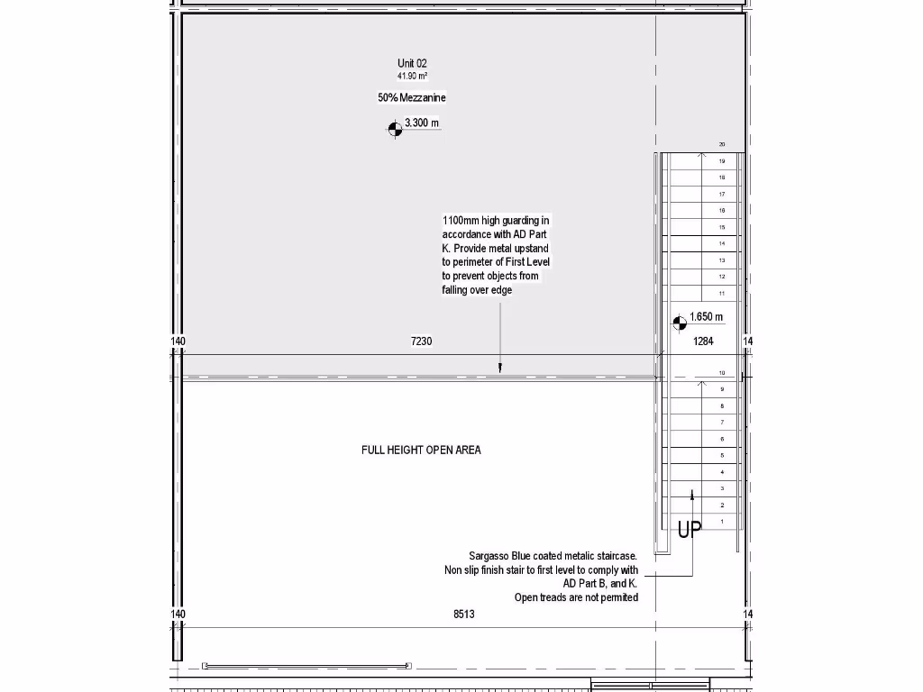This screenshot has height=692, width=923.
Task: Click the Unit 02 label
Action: [x=412, y=63]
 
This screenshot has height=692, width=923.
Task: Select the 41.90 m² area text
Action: [x=412, y=76]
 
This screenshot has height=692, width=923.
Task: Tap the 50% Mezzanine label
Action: [x=412, y=97]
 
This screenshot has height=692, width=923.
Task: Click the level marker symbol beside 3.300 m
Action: [x=394, y=129]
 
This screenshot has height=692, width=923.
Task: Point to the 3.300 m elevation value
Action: [x=422, y=123]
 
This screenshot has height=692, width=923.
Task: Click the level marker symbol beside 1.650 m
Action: [x=680, y=323]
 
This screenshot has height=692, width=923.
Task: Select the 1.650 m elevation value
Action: [x=706, y=317]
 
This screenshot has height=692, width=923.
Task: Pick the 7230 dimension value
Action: [x=421, y=341]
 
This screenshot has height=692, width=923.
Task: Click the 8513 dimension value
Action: [x=463, y=614]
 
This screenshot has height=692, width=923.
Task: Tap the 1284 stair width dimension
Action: [x=703, y=341]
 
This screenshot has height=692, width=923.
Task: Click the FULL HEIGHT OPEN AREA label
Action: [x=421, y=450]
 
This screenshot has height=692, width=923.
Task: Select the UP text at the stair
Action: [x=690, y=530]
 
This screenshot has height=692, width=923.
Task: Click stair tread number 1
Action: [x=722, y=522]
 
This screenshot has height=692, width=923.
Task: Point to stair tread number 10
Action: [x=722, y=372]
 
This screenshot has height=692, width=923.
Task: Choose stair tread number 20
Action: [x=722, y=144]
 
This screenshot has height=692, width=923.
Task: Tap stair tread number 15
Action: [x=722, y=227]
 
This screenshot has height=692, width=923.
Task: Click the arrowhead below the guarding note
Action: [x=500, y=368]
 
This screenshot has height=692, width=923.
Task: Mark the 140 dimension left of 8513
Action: [x=178, y=614]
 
